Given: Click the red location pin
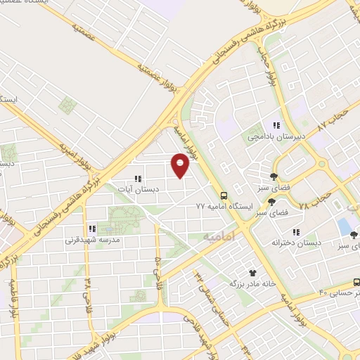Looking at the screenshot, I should tap(181, 165).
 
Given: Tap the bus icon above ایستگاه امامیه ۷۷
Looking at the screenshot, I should tap(224, 195).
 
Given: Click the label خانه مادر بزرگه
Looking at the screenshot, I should tap(251, 283).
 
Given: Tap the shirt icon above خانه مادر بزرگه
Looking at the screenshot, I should tap(252, 271).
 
